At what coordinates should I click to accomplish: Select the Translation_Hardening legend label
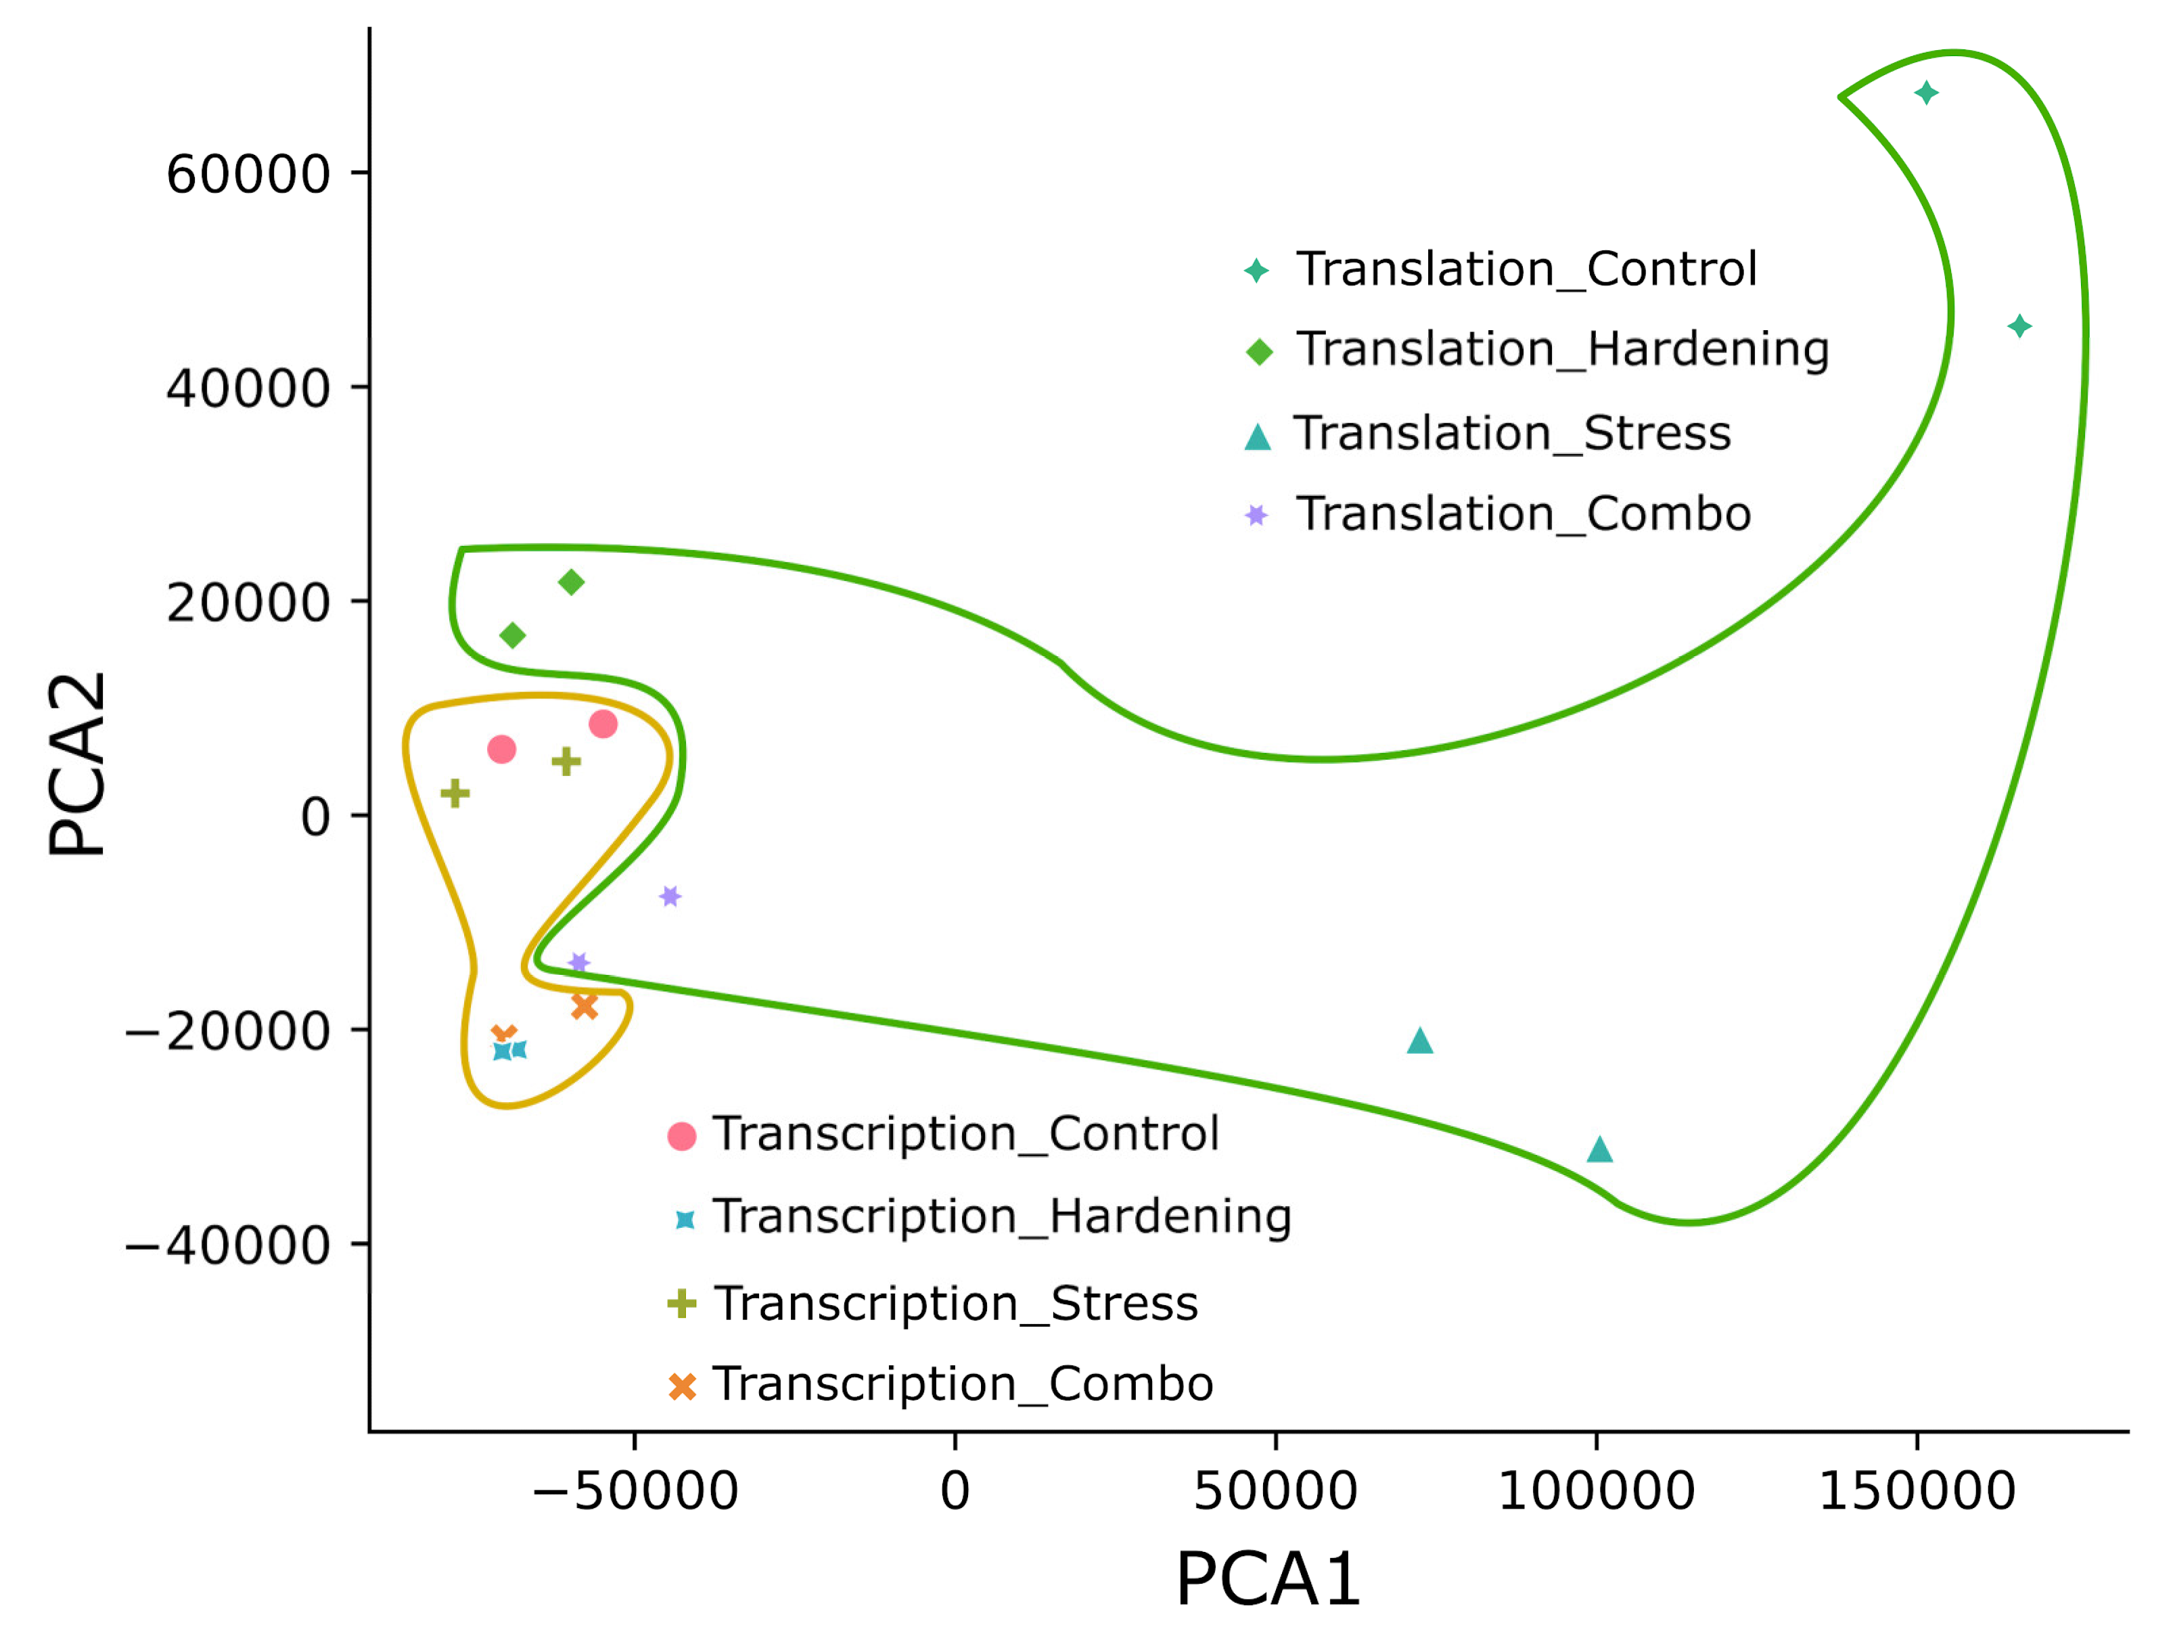tap(1561, 349)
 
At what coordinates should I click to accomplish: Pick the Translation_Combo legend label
tap(1523, 513)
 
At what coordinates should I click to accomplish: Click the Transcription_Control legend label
tap(965, 1134)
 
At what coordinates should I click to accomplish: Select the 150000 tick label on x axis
tap(1917, 1490)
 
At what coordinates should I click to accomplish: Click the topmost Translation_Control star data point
tap(1926, 93)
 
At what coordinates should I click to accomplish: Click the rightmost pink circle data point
tap(603, 725)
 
